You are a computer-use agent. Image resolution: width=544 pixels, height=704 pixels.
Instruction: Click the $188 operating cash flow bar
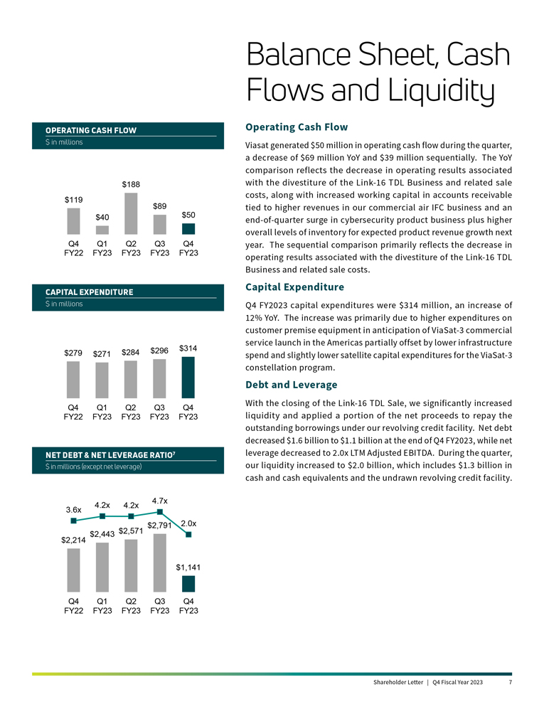click(131, 213)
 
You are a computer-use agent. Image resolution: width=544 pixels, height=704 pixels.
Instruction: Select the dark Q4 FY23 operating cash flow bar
click(188, 229)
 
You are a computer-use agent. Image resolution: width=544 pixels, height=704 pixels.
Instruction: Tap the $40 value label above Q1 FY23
click(102, 216)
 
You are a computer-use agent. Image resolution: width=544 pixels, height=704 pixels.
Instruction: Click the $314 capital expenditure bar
click(188, 377)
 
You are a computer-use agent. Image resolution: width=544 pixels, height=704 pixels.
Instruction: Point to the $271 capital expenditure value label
click(102, 353)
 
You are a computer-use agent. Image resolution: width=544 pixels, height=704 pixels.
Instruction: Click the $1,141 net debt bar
click(188, 584)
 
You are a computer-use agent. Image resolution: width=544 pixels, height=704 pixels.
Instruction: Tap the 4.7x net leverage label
click(160, 501)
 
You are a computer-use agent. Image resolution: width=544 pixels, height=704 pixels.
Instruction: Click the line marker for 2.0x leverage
click(188, 535)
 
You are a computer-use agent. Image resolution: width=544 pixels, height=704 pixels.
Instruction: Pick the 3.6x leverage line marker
click(73, 521)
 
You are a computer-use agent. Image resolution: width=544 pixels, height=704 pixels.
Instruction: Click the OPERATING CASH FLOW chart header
click(91, 130)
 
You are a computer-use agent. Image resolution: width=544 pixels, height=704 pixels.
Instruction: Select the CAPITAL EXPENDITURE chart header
click(90, 292)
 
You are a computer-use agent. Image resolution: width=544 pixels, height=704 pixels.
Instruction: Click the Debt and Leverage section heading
click(291, 385)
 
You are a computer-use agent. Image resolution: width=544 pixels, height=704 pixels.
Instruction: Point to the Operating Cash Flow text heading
click(296, 127)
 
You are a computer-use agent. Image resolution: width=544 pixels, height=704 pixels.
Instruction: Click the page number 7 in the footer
click(511, 683)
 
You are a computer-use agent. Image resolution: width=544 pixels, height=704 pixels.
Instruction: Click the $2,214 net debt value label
click(73, 540)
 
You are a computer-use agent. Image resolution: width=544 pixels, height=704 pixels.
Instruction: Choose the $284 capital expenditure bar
click(131, 379)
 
